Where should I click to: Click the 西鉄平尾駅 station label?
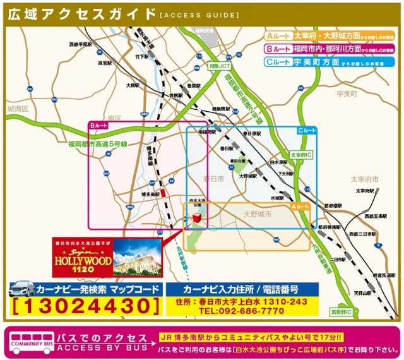point(80,44)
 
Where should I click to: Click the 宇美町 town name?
point(347,93)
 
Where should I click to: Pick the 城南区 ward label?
point(18,109)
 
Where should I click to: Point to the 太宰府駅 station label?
point(365,190)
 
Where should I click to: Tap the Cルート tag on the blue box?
point(306,130)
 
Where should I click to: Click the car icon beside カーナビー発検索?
point(22,289)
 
